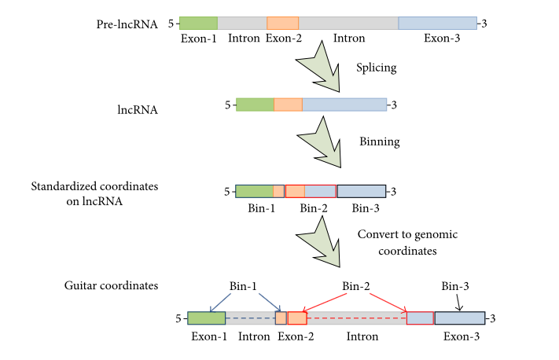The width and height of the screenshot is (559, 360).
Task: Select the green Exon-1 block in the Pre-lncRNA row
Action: point(198,23)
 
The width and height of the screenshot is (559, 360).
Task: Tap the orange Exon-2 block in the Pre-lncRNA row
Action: point(282,23)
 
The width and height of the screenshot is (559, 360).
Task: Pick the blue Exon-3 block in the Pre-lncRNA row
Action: point(437,23)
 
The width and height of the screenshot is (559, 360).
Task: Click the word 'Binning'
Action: point(379,142)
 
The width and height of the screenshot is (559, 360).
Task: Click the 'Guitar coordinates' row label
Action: point(111,285)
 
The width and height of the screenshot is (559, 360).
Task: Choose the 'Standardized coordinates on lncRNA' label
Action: point(94,193)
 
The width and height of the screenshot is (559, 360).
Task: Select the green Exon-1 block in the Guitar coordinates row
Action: point(206,318)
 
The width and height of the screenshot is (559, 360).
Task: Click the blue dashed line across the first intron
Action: point(249,318)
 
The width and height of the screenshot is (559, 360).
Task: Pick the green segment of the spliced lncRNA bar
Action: point(255,105)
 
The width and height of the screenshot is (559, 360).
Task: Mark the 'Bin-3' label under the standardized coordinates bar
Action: point(366,208)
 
